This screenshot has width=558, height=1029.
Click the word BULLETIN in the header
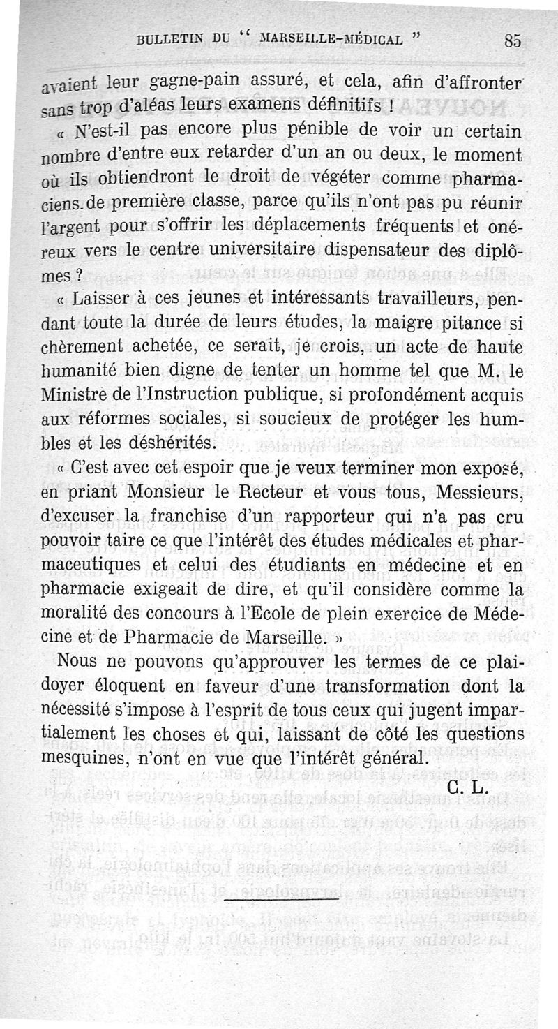tap(171, 40)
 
